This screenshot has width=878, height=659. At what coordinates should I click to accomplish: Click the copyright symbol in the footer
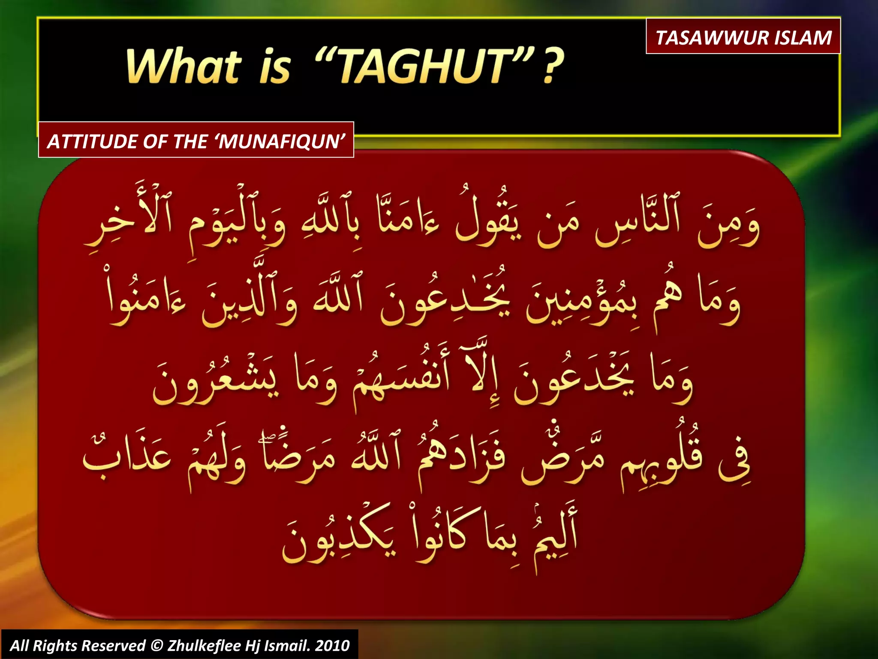click(x=157, y=645)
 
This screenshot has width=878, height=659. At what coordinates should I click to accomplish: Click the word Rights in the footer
click(x=56, y=645)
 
